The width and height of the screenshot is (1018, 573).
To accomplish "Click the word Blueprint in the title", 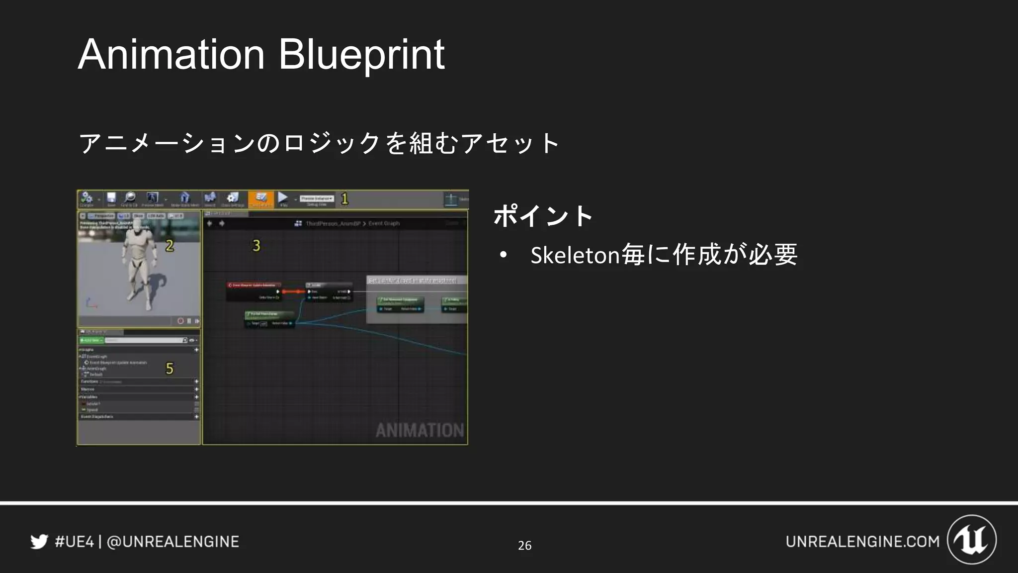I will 361,55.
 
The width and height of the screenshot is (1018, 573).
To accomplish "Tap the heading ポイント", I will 543,216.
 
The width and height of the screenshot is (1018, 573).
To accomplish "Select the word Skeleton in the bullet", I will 575,255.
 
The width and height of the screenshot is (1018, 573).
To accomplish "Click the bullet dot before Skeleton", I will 504,255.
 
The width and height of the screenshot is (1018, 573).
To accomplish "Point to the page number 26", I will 524,546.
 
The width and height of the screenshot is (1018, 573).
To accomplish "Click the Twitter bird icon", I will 39,541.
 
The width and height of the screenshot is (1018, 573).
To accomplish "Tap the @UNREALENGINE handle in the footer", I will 173,542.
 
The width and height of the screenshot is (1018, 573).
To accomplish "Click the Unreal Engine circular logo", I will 972,540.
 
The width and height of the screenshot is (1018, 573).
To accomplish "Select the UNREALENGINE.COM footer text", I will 862,542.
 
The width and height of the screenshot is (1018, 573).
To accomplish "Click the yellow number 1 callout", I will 344,199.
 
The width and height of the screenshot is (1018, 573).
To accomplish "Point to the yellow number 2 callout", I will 170,246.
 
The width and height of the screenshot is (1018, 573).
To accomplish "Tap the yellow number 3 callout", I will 256,246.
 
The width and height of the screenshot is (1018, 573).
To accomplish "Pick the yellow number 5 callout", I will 170,369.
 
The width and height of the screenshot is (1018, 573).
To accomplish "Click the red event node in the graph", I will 254,286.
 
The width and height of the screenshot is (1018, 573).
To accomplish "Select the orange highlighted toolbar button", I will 261,199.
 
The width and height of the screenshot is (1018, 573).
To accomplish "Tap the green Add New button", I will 91,340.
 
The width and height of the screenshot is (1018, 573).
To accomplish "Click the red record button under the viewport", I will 180,321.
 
